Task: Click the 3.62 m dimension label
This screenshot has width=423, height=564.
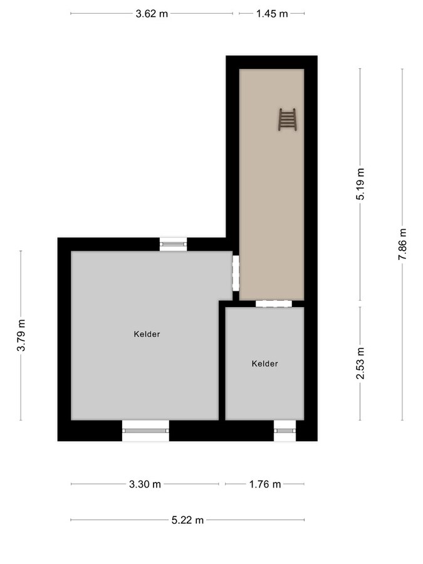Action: pos(152,13)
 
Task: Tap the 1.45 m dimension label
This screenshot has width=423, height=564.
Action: pos(272,13)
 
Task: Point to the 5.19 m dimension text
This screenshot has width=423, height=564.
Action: pos(360,184)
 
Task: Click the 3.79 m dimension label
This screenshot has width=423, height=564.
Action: pos(21,336)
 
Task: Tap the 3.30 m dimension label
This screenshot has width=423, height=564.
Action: pos(145,484)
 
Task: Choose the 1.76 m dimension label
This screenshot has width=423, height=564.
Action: pos(264,484)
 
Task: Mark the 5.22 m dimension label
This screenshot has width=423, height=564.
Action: pos(187,520)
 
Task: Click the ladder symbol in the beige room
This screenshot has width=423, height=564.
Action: pos(287,119)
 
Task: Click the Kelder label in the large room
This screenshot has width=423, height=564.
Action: pos(147,334)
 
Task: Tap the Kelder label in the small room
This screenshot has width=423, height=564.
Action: pos(264,363)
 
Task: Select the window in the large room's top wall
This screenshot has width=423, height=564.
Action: pos(173,244)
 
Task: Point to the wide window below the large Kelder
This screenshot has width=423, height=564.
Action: pos(145,431)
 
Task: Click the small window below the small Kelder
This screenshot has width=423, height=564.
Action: pos(285,431)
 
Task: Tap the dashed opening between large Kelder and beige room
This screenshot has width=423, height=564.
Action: pos(236,273)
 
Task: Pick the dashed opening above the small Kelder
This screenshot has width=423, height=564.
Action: pos(274,303)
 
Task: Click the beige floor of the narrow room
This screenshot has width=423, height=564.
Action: pos(271,201)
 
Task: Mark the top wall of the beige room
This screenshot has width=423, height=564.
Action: pos(271,62)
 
